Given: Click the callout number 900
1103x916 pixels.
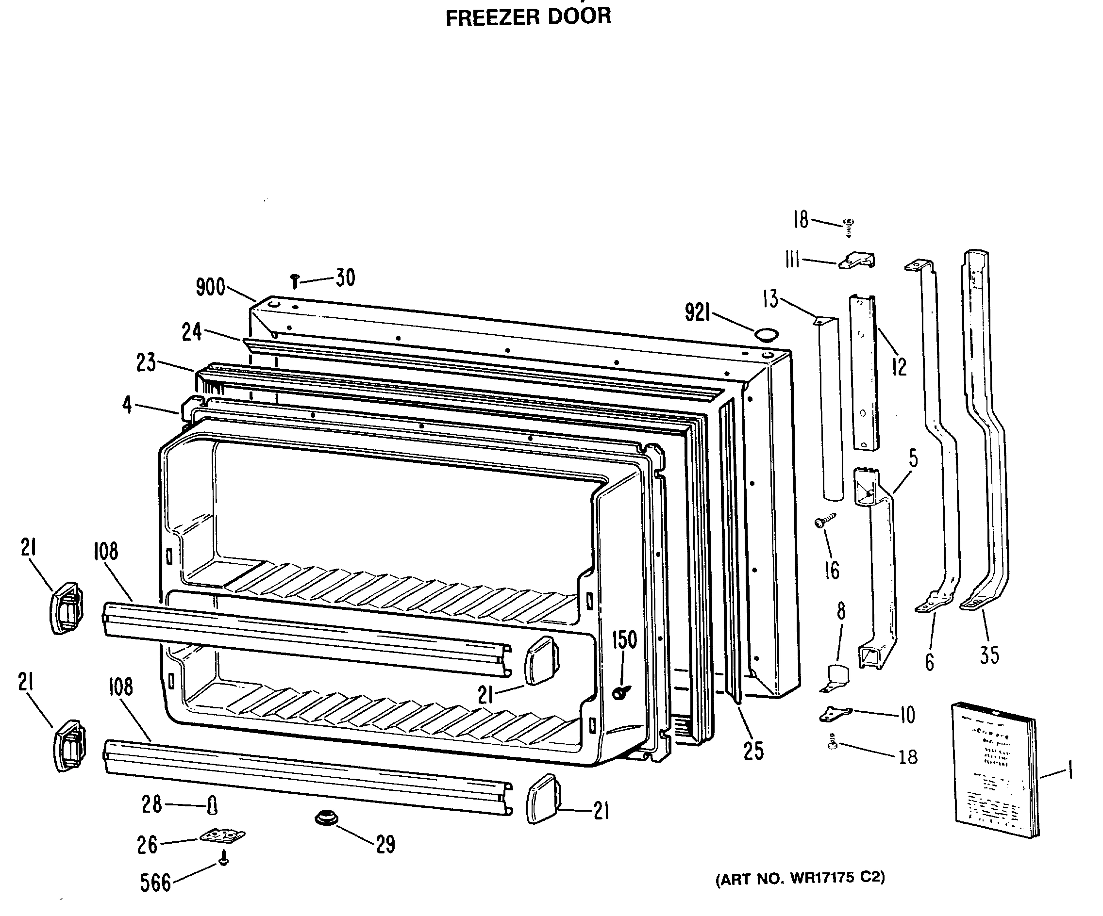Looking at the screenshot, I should coord(210,287).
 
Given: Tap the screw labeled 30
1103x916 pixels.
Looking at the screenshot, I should coord(295,281).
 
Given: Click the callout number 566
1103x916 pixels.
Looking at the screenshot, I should coord(155,883).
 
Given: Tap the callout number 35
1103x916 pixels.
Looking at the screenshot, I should coord(989,655).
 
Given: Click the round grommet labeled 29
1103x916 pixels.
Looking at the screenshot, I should coord(326,818).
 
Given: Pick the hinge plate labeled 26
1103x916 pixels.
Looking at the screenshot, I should coord(223,834).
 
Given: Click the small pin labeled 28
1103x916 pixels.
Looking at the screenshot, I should coord(212,804).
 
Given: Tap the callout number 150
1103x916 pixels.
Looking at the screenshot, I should coord(624,640).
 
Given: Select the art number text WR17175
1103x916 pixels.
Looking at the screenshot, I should coord(821,878).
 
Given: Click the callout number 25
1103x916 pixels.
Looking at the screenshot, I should coord(753,751).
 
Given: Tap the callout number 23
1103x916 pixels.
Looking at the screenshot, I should coord(146,362).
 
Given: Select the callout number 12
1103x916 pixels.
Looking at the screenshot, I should coord(899,367).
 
